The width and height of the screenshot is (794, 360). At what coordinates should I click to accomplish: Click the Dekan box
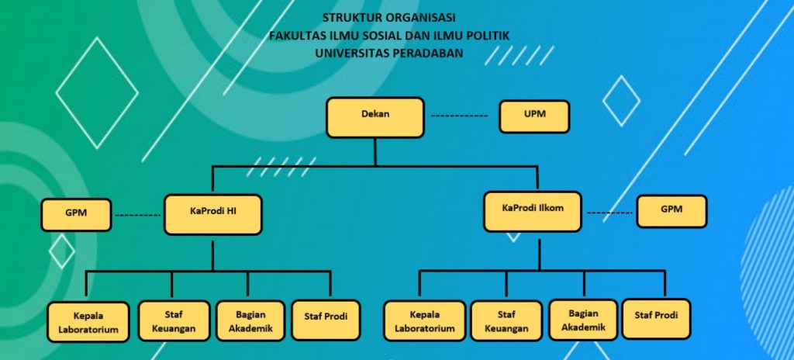(375, 116)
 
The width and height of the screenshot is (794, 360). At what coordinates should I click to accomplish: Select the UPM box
(534, 116)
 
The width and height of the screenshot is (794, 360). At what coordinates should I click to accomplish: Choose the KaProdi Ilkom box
(532, 211)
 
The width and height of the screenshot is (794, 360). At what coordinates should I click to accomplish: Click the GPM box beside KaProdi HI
(77, 215)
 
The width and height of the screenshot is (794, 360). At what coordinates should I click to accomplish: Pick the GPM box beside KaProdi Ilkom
(671, 211)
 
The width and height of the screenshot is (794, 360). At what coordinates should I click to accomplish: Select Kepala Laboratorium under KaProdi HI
(88, 322)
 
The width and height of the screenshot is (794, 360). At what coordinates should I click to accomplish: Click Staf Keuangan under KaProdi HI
(174, 320)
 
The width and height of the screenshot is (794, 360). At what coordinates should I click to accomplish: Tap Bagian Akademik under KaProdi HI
(247, 320)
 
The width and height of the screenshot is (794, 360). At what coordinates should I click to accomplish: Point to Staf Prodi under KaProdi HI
(326, 319)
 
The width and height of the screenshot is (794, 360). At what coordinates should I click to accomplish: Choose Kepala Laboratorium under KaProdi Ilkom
(425, 321)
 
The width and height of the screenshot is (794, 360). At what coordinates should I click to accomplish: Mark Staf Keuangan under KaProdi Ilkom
(506, 321)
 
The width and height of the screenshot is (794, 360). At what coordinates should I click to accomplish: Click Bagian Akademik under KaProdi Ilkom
(584, 320)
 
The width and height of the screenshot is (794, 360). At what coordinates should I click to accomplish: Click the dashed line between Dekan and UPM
(459, 116)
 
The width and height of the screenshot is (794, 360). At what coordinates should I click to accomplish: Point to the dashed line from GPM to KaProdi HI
(137, 215)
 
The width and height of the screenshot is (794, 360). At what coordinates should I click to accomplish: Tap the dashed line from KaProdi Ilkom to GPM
(608, 211)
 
